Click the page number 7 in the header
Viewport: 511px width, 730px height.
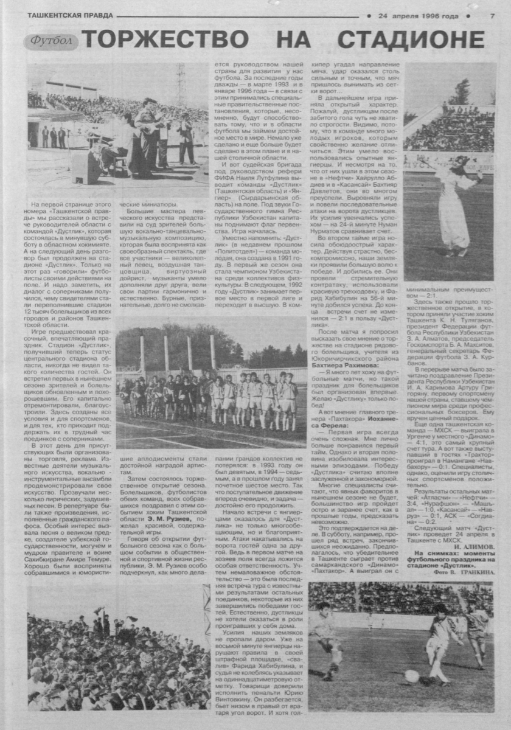click(x=492, y=16)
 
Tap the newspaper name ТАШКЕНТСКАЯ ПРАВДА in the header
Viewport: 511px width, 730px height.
click(x=63, y=16)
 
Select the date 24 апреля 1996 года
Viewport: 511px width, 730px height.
click(x=418, y=16)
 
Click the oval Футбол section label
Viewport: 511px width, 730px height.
click(x=52, y=41)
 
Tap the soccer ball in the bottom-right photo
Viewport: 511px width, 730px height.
click(x=411, y=675)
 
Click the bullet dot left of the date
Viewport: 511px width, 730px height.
click(x=369, y=16)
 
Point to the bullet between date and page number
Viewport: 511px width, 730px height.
click(x=467, y=16)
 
